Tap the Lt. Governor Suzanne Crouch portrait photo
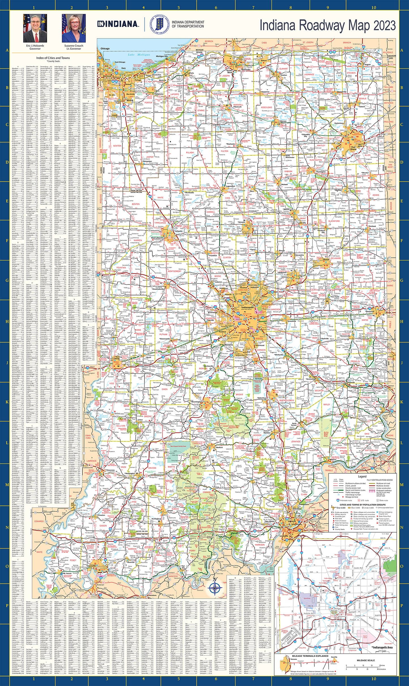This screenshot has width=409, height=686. [x=74, y=28]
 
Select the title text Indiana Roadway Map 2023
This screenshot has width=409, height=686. [x=327, y=25]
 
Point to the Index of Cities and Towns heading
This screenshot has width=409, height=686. [x=53, y=58]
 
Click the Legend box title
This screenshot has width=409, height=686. [x=362, y=477]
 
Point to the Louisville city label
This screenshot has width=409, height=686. [x=284, y=536]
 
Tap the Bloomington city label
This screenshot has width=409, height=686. [x=196, y=402]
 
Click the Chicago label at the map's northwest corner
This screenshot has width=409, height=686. [x=105, y=48]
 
